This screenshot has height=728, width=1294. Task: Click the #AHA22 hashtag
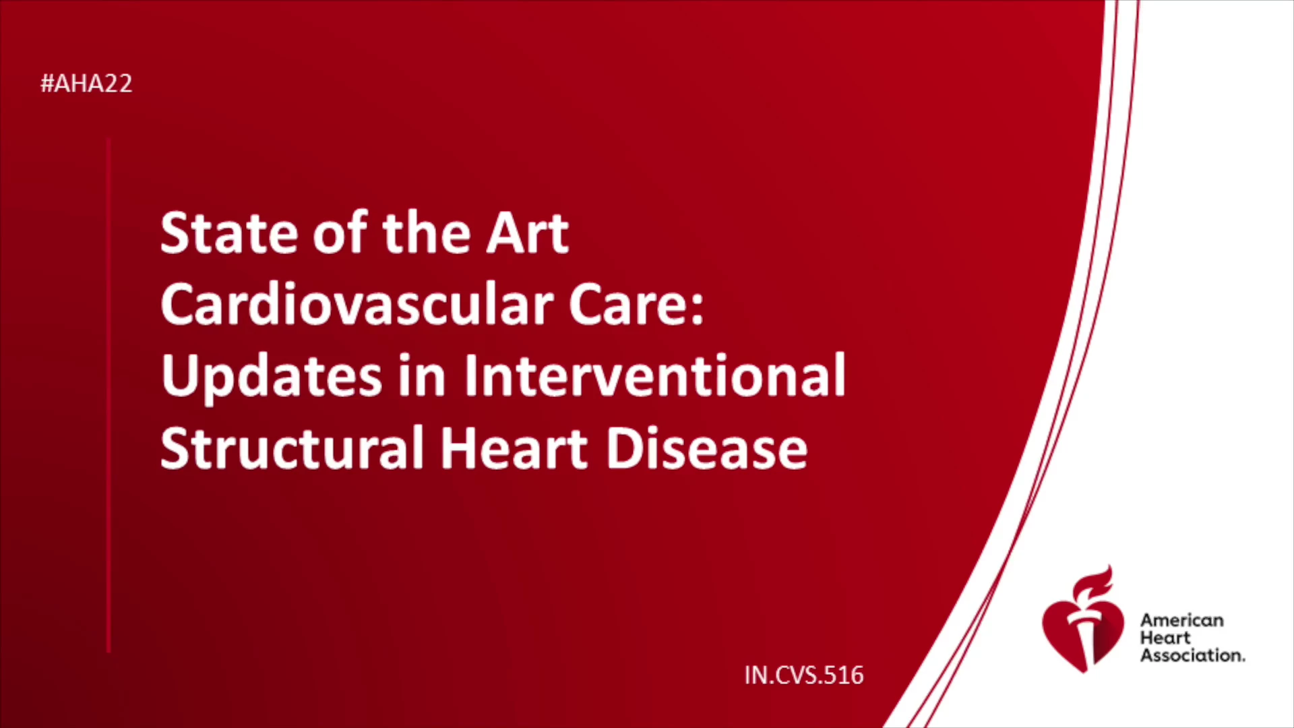(86, 84)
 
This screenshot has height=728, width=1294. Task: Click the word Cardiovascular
(357, 304)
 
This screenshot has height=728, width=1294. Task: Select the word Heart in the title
(514, 447)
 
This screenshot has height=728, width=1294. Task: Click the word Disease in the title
(706, 447)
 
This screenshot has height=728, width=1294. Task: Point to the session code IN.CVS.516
(804, 675)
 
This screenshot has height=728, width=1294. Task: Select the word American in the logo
(1181, 620)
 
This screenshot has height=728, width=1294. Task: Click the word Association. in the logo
(1192, 655)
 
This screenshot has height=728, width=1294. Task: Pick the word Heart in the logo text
(1165, 638)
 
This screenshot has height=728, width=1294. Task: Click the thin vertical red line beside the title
(109, 395)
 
